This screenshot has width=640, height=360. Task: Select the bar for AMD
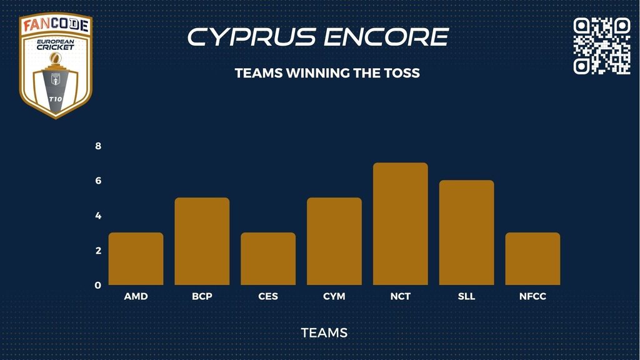click(x=136, y=259)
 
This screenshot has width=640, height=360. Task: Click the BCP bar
click(x=202, y=241)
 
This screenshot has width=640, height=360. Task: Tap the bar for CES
click(x=268, y=259)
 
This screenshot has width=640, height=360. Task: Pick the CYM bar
click(x=334, y=241)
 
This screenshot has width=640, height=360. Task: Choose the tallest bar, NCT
click(x=401, y=224)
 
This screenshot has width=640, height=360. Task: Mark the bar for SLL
click(x=466, y=232)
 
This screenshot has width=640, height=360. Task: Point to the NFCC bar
click(x=532, y=259)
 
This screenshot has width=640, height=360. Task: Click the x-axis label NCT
click(x=401, y=296)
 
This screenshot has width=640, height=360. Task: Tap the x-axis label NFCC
click(x=532, y=296)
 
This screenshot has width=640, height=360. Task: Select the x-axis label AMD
click(x=136, y=296)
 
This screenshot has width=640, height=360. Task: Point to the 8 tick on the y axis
click(x=98, y=146)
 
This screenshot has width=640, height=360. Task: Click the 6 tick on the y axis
click(x=98, y=181)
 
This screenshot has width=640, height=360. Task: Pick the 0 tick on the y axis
click(x=98, y=285)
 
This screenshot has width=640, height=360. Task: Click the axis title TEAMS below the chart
click(x=324, y=332)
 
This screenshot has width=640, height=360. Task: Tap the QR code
click(x=602, y=46)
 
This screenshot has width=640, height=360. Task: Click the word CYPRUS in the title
click(x=252, y=37)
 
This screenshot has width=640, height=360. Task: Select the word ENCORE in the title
click(x=386, y=37)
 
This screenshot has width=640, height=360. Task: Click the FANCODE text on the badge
click(x=56, y=25)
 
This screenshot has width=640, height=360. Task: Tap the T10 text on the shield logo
click(x=56, y=99)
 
